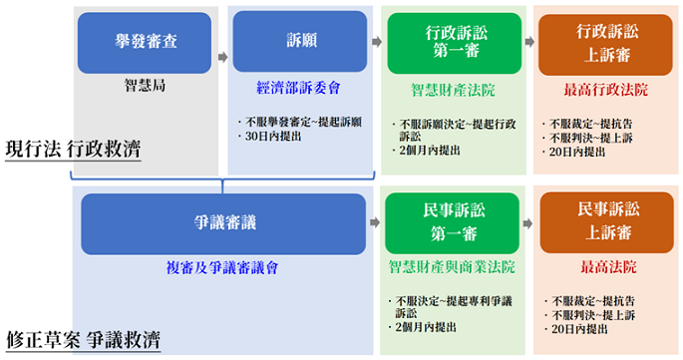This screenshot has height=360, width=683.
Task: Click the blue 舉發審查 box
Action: coord(145,43)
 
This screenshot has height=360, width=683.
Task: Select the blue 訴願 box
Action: coord(300,42)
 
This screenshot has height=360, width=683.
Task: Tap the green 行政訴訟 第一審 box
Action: coord(455,43)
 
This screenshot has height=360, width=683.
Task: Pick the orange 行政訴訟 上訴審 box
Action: coord(605,45)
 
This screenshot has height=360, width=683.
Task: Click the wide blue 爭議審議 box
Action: coord(223,224)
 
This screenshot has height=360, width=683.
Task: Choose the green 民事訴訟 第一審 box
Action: coord(452,223)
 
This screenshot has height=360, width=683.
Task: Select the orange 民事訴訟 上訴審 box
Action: coord(607,222)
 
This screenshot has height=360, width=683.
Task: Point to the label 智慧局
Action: coord(145,85)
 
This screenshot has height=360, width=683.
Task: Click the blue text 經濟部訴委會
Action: coord(298,88)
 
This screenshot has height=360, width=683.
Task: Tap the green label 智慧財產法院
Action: coord(453,90)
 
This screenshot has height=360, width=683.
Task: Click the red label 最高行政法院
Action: coord(606,90)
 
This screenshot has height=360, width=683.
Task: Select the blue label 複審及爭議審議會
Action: coord(222,267)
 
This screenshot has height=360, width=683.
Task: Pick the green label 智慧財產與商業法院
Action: coord(452,266)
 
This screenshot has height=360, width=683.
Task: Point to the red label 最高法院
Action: coord(608,266)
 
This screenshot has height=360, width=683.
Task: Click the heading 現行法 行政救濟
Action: coord(73,149)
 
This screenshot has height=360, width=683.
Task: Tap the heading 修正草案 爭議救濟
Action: coord(83,340)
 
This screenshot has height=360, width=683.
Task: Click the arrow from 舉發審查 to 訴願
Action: coord(222,57)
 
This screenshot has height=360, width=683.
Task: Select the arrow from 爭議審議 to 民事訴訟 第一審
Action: coord(375,222)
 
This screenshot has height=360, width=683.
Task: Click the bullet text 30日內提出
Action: coord(273,136)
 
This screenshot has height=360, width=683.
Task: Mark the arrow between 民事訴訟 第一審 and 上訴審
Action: coord(527,223)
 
